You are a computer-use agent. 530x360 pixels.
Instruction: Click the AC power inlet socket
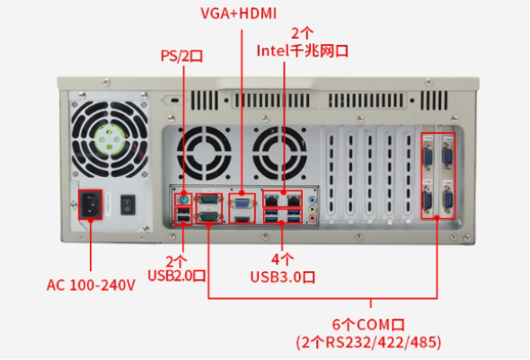(93, 205)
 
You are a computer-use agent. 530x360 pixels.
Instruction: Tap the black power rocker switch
(127, 204)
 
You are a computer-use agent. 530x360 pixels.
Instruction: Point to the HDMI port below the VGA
(242, 215)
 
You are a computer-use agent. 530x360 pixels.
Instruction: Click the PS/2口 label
(181, 56)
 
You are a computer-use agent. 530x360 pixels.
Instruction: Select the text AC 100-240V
(91, 285)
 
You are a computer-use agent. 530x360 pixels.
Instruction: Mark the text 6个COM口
(368, 324)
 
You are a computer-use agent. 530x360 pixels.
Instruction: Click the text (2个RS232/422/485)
(368, 343)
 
